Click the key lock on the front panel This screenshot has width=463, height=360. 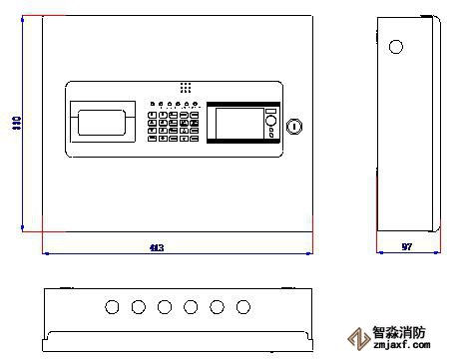293,126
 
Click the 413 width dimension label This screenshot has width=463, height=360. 156,247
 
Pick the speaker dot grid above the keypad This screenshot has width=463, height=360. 186,88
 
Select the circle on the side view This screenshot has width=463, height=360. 395,47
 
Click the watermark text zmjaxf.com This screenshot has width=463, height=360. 401,349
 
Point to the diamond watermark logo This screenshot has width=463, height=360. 354,339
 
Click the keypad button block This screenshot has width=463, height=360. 172,127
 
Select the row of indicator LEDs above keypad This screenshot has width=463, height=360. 174,103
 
